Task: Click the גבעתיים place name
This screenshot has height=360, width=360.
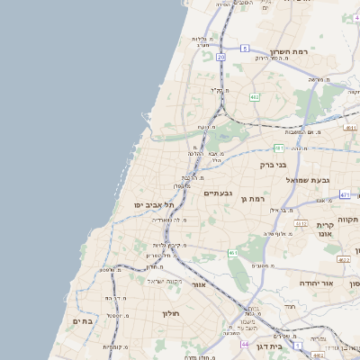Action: [219, 193]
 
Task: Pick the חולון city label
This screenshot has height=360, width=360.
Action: [171, 313]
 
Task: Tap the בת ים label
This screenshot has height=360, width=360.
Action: [83, 321]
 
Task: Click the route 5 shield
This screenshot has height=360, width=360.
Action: [245, 48]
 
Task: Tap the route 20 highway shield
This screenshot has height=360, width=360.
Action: [220, 56]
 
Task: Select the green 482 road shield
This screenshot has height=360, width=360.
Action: [255, 96]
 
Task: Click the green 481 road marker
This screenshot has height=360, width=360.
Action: [279, 148]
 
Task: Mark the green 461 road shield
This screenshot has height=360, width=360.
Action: [233, 255]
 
